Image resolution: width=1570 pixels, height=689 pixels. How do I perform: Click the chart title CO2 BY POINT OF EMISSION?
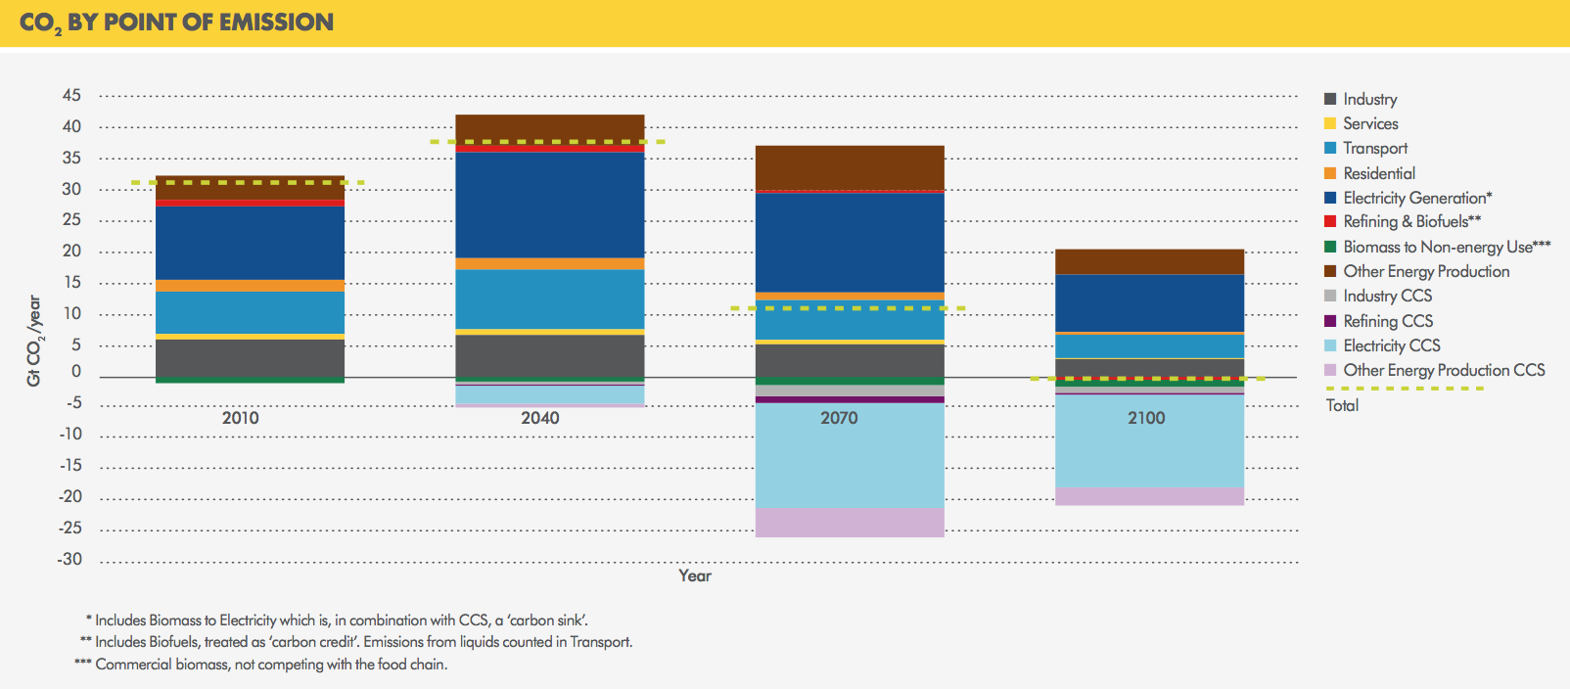point(176,23)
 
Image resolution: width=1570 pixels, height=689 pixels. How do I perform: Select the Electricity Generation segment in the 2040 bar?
point(549,206)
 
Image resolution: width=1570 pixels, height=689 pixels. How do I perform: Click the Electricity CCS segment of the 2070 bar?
point(850,455)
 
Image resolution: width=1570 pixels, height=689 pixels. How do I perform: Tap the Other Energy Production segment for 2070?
point(850,167)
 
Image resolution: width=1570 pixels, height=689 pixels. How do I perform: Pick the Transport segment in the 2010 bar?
point(250,312)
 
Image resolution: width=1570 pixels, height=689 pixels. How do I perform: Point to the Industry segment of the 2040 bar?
point(549,355)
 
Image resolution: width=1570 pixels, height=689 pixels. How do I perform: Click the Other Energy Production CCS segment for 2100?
point(1149,496)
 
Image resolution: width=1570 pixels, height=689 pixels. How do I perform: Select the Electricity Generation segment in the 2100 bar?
point(1149,303)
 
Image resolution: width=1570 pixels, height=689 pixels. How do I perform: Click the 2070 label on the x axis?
point(839,418)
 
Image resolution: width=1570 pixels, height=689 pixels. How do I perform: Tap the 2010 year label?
point(240,418)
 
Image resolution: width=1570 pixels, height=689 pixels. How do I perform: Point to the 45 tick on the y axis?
point(71,96)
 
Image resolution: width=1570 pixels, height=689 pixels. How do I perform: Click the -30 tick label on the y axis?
point(69,560)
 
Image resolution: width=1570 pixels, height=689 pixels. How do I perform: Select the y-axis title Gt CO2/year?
point(34,341)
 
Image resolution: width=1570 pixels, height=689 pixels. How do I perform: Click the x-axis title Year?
point(695,575)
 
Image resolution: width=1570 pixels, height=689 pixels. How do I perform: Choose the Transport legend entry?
point(1374,149)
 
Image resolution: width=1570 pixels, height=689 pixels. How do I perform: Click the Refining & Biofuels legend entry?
point(1410,222)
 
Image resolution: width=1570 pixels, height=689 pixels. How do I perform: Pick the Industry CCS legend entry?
point(1386,296)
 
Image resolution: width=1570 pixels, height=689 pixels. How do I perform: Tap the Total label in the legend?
point(1342,405)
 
